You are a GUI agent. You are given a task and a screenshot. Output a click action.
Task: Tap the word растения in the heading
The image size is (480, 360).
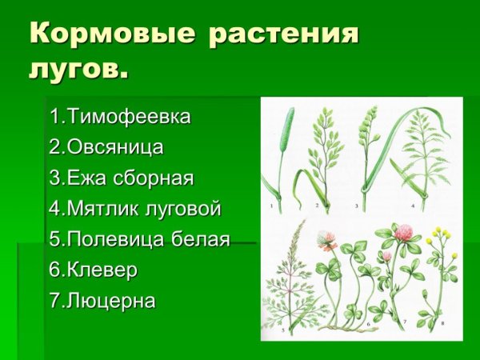pos(283,35)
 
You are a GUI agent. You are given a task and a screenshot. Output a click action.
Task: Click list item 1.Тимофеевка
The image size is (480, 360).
pos(120,117)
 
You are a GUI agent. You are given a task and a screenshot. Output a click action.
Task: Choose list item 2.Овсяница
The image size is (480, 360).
pos(106,147)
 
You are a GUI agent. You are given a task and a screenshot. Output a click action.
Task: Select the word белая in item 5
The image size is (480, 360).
pos(199,239)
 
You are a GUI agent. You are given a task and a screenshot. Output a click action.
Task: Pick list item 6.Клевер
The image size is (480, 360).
pos(93,270)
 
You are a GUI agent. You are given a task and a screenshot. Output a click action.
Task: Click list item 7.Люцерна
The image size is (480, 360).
pos(102,301)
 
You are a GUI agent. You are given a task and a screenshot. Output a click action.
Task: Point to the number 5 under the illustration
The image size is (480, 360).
pos(270,328)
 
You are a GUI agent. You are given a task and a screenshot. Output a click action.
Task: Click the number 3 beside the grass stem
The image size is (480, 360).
pos(356,206)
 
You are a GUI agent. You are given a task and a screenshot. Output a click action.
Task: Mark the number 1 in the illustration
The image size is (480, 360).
pos(272,206)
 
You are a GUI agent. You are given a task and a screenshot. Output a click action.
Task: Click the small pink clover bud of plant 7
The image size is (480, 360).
pos(387,258)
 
